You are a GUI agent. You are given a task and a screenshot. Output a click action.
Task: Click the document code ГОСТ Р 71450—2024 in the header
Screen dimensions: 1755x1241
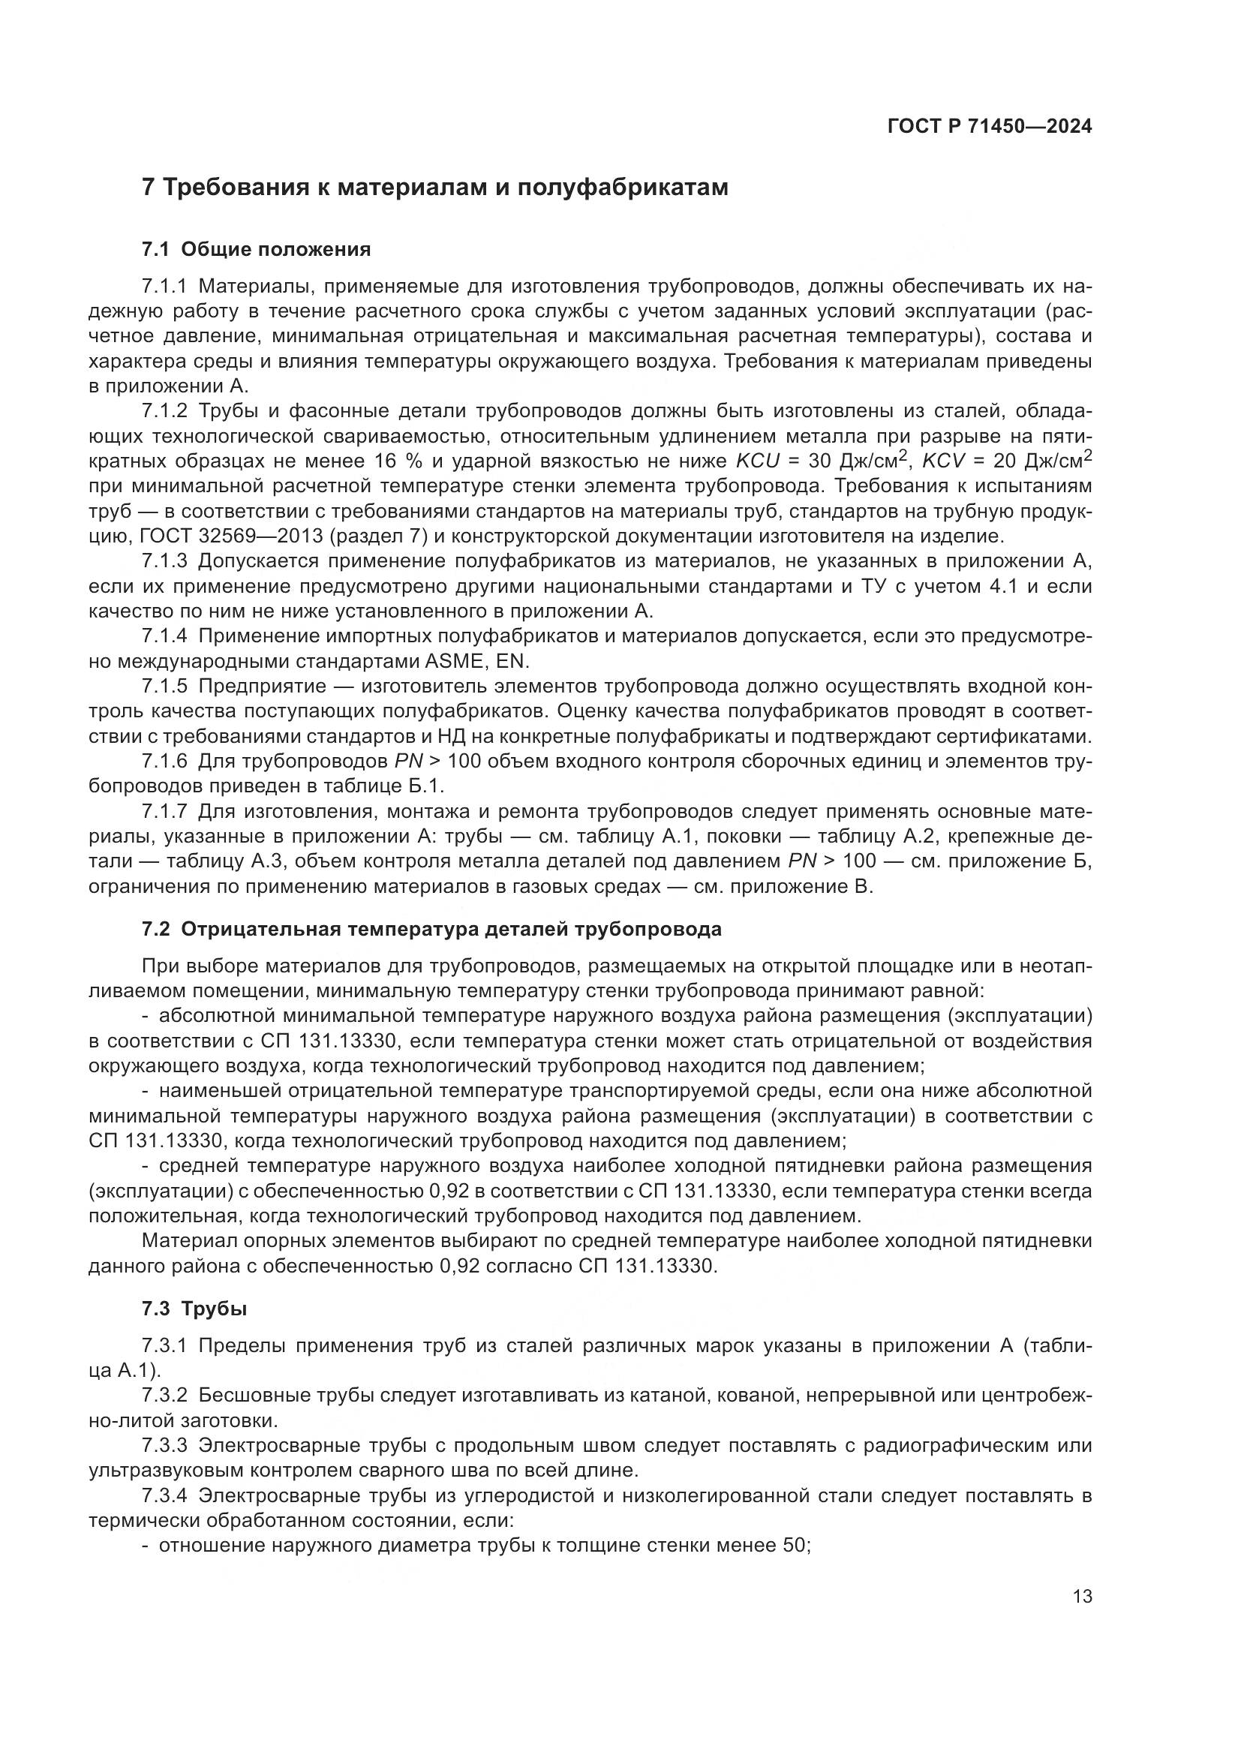(990, 126)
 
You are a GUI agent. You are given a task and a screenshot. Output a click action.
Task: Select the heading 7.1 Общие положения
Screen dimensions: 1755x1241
(257, 249)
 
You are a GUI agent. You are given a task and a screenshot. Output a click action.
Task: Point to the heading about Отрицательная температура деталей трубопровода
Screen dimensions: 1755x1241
(431, 929)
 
